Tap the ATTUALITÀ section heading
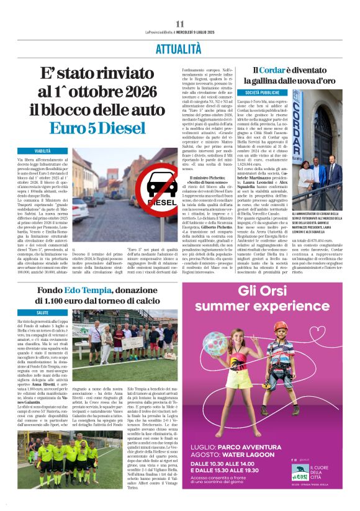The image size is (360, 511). point(180,48)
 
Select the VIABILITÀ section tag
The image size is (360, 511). point(43,151)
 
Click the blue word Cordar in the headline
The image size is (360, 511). point(272,70)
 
